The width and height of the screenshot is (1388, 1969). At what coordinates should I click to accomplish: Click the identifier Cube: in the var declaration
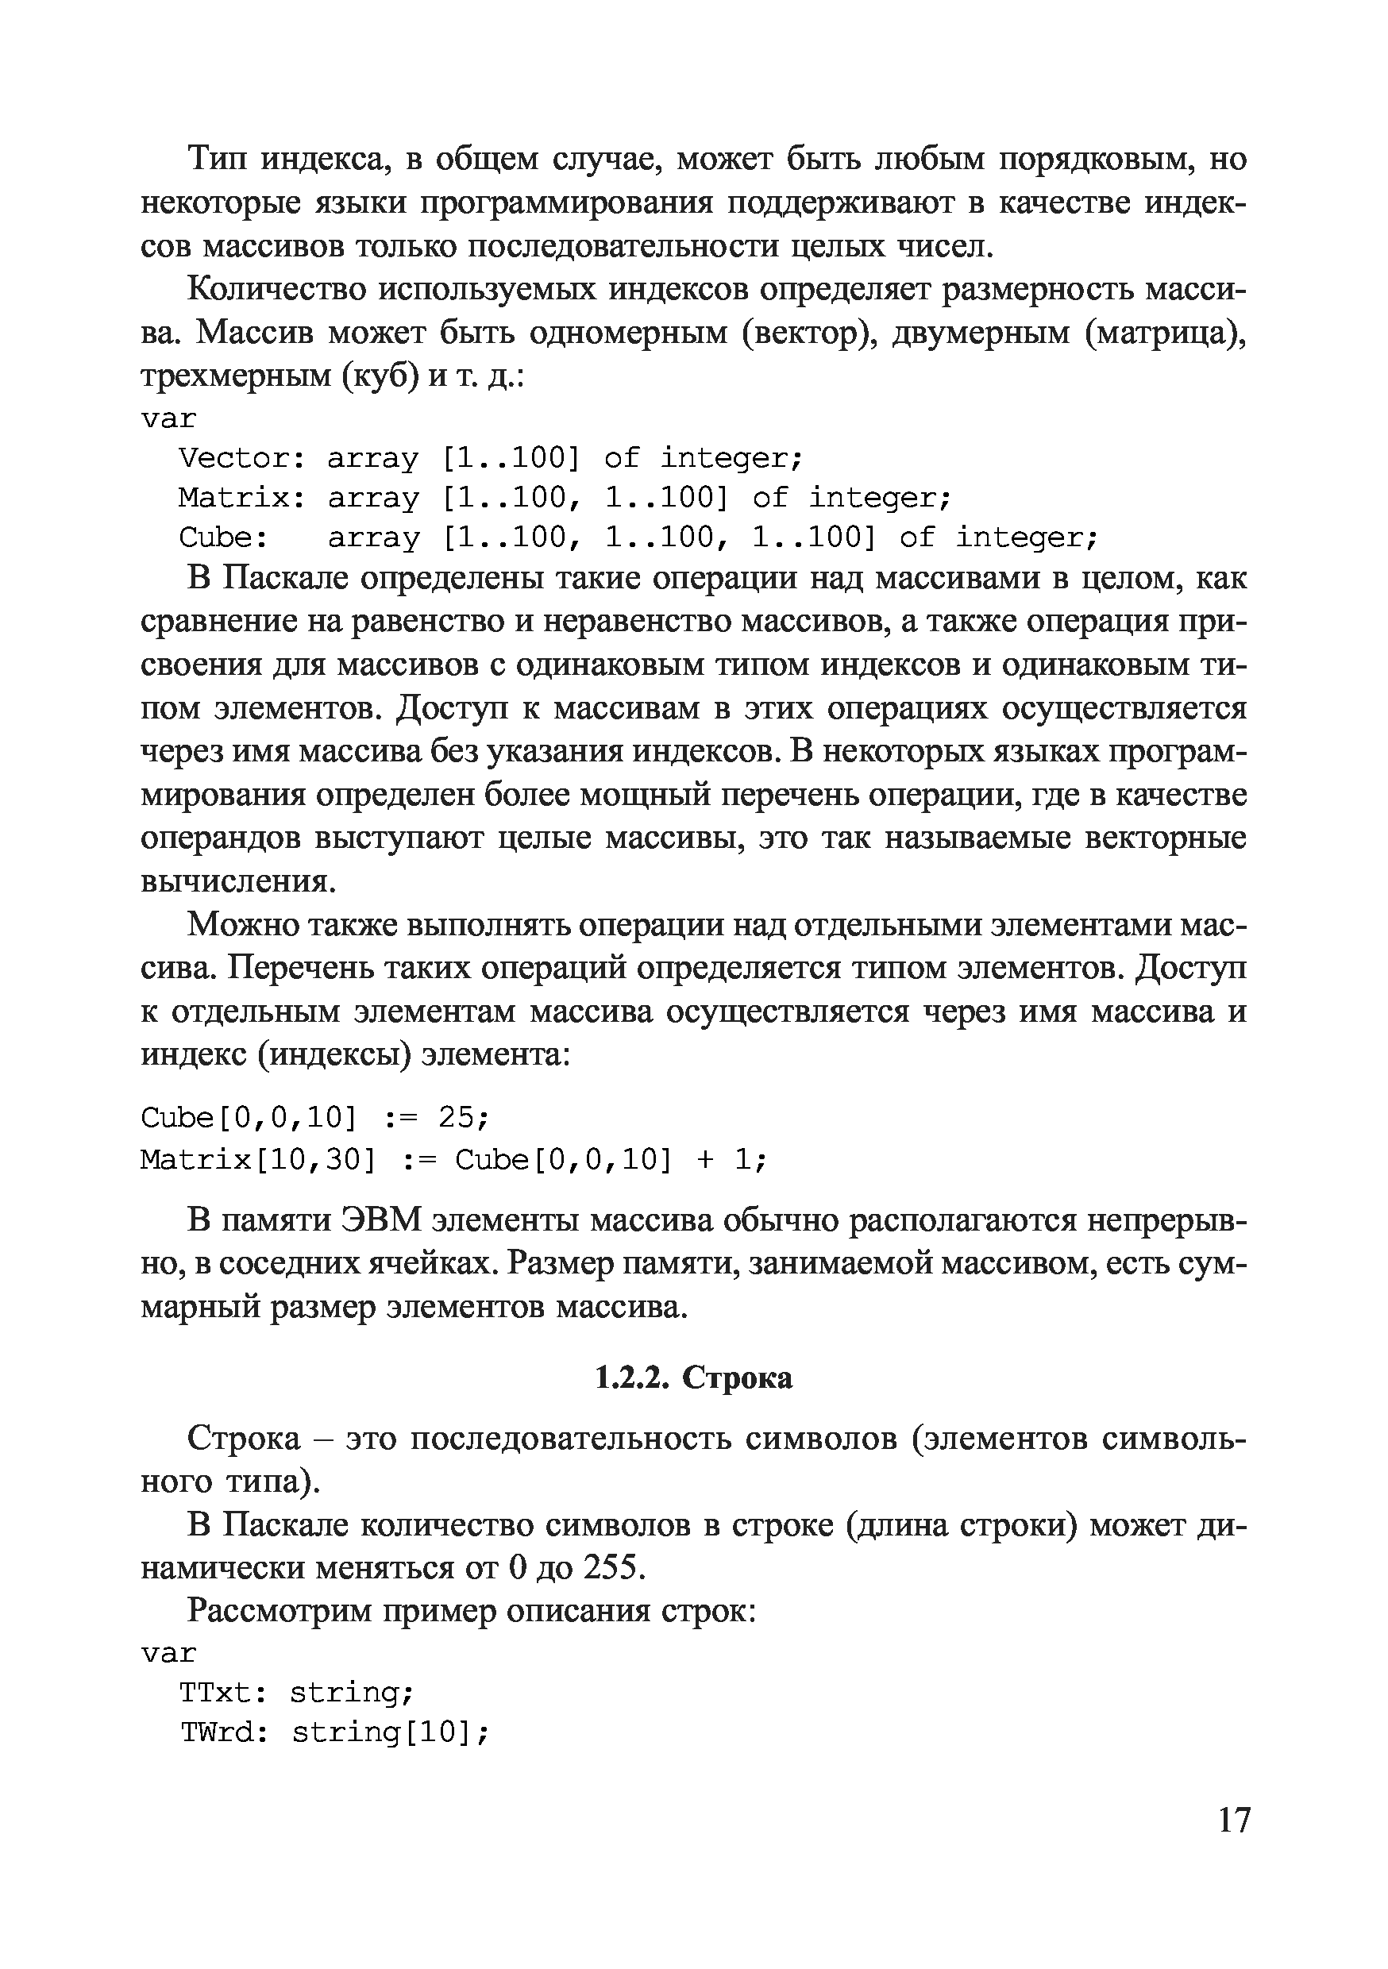point(223,538)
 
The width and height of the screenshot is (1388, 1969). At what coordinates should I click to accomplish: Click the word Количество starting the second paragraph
point(277,289)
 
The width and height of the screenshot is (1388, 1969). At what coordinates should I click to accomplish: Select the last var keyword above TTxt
point(169,1652)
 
